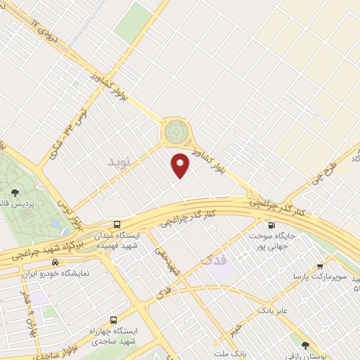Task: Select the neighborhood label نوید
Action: pos(119,162)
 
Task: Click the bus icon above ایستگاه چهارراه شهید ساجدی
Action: pos(113,317)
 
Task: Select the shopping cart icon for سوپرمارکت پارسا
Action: pos(320,266)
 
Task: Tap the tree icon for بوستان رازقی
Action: pos(304,345)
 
